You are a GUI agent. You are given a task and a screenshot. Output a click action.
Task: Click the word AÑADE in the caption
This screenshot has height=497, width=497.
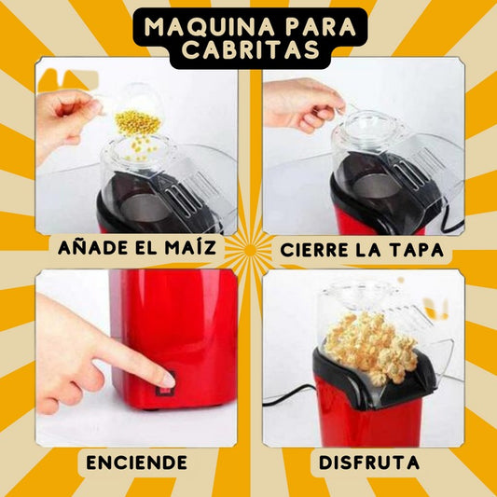[90, 248]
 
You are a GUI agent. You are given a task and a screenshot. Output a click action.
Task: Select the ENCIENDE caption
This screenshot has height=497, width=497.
[136, 462]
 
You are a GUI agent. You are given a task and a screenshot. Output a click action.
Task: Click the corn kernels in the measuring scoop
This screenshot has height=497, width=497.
[136, 120]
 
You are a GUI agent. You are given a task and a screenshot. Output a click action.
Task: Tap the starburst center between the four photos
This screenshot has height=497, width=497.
[248, 251]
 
